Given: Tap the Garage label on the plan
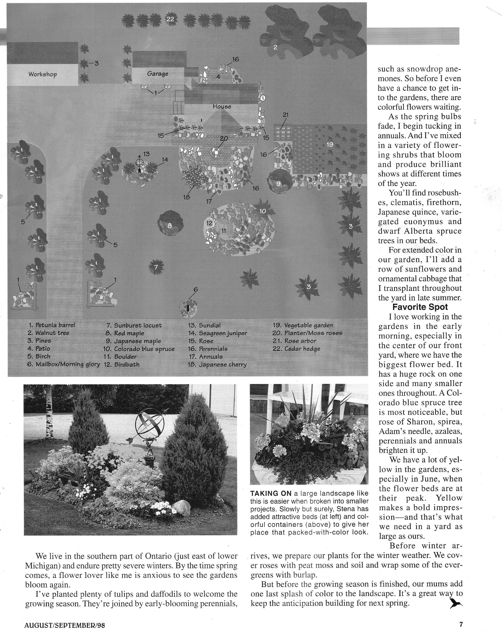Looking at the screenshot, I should point(158,74).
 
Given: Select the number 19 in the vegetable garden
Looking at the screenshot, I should point(330,145).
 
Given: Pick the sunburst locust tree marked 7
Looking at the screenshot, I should point(156,267).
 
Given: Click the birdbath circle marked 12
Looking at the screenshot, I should point(209,223).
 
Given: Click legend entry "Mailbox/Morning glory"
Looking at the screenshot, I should point(63,364).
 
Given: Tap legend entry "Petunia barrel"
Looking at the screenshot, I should point(52,325).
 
